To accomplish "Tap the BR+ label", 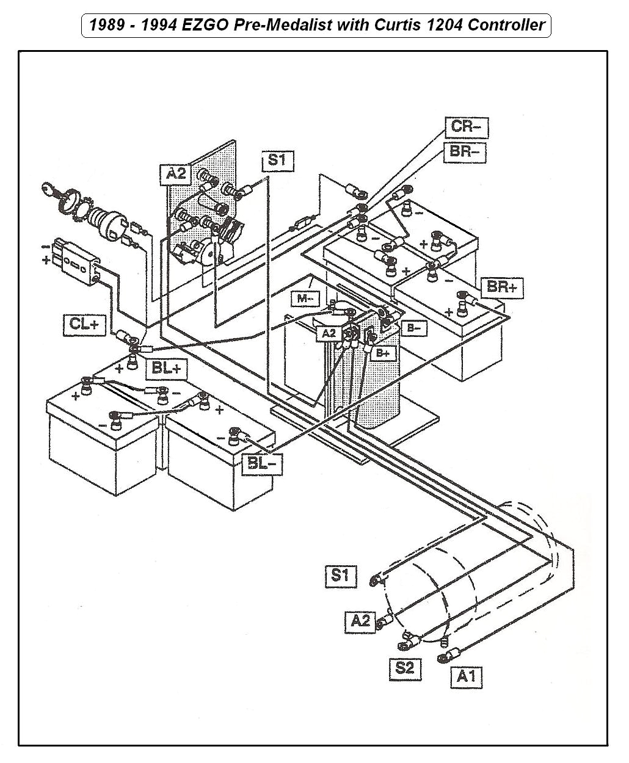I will [503, 287].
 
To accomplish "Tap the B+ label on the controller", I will [384, 353].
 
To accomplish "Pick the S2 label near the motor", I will [405, 668].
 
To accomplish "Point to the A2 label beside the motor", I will [361, 621].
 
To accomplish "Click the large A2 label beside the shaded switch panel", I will [176, 174].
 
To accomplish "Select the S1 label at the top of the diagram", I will [277, 161].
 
